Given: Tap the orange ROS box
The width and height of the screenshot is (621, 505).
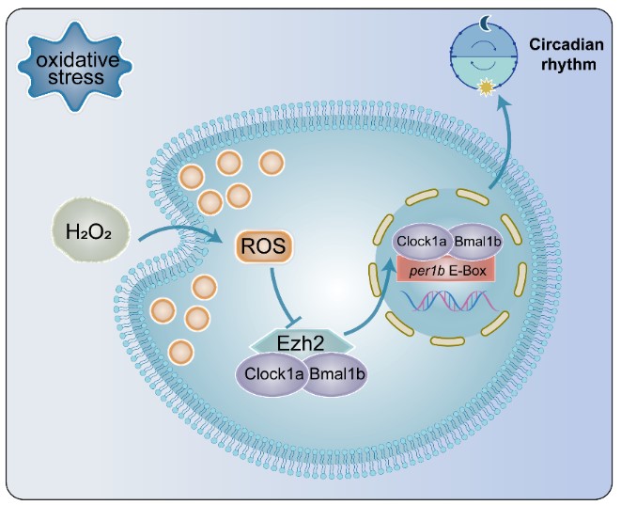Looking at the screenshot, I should pos(262,248).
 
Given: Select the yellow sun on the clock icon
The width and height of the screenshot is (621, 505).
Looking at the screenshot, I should pos(486,88).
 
